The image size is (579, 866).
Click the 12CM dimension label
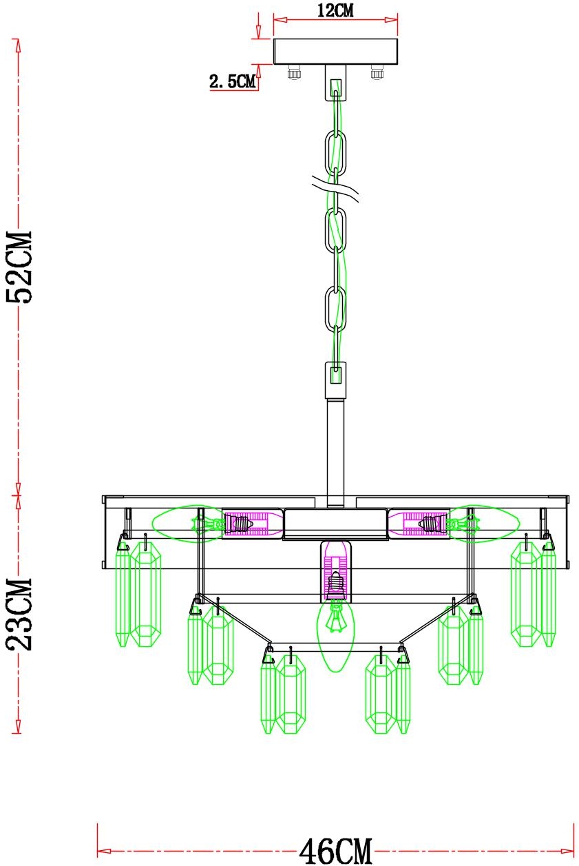[x=335, y=10]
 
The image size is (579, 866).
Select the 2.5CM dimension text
[x=233, y=81]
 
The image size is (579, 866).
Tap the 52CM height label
[x=19, y=267]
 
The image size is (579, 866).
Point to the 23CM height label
[x=19, y=615]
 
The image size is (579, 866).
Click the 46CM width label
[x=335, y=851]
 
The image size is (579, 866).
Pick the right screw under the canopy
[x=377, y=72]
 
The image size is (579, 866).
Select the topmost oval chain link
[x=335, y=153]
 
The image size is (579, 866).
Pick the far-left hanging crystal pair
[x=138, y=594]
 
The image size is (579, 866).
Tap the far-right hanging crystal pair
[x=533, y=594]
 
